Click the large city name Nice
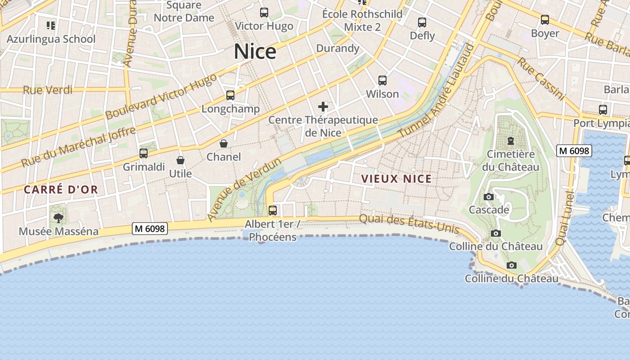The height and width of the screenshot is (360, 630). click(255, 52)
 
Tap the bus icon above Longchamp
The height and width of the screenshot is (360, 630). click(230, 95)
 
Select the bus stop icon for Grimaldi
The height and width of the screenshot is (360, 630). click(144, 153)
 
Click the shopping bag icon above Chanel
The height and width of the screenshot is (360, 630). click(223, 144)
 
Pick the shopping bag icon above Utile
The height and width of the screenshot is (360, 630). click(180, 160)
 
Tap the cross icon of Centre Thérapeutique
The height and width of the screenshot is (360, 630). click(323, 107)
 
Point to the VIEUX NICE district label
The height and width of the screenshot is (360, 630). click(396, 179)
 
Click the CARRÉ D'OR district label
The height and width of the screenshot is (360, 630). click(61, 190)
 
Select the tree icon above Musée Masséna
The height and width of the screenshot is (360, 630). click(58, 218)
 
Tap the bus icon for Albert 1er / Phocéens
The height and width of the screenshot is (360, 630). click(272, 210)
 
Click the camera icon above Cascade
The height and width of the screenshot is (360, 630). click(488, 197)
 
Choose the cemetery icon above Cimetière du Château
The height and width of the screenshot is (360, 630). click(510, 141)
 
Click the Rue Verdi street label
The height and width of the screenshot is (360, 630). click(48, 90)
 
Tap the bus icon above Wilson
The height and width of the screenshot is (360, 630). click(382, 81)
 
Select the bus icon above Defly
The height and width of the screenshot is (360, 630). click(422, 22)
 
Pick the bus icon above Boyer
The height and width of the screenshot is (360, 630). click(545, 20)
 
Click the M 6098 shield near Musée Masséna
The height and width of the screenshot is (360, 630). click(150, 229)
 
